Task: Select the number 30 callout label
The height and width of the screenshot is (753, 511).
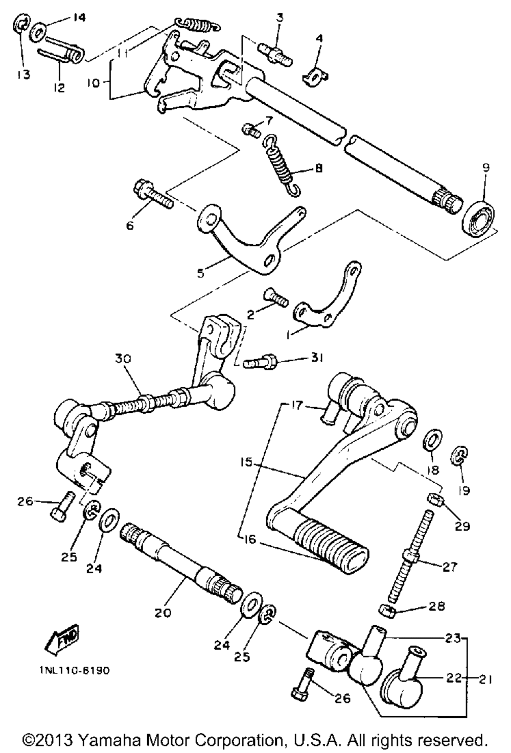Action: pyautogui.click(x=123, y=359)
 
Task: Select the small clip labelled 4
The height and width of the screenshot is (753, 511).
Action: pyautogui.click(x=316, y=75)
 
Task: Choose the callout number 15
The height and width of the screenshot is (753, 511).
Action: pyautogui.click(x=246, y=463)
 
